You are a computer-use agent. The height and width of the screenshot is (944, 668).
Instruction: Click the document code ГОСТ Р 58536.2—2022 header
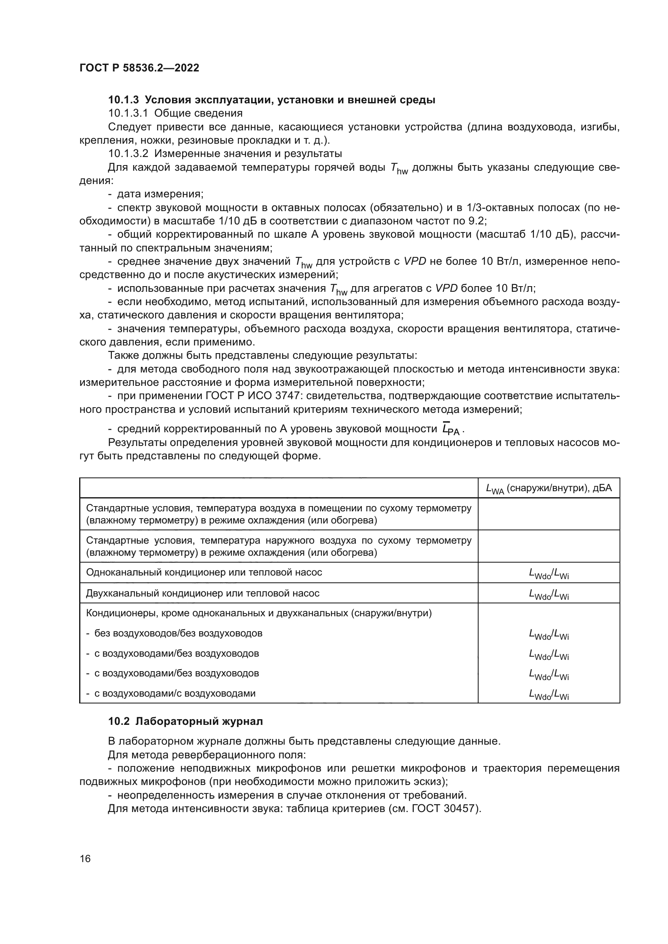pyautogui.click(x=139, y=68)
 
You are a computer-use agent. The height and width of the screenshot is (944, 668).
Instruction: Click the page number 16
pyautogui.click(x=85, y=859)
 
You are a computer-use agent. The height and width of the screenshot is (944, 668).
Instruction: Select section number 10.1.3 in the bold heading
pyautogui.click(x=124, y=100)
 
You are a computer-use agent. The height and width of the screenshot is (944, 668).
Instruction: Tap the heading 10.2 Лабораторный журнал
pyautogui.click(x=185, y=722)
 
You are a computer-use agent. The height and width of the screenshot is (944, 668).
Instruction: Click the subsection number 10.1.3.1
pyautogui.click(x=128, y=113)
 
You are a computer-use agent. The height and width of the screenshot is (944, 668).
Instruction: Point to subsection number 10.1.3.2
pyautogui.click(x=128, y=154)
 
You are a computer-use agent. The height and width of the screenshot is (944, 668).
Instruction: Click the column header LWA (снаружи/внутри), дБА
pyautogui.click(x=549, y=488)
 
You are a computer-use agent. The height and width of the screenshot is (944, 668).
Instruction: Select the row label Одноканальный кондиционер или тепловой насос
pyautogui.click(x=204, y=572)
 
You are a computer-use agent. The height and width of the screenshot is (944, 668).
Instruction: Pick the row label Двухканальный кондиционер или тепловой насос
pyautogui.click(x=203, y=593)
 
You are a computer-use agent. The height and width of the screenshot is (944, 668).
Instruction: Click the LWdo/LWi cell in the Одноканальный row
pyautogui.click(x=549, y=573)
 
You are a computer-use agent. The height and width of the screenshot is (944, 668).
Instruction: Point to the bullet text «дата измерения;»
pyautogui.click(x=160, y=194)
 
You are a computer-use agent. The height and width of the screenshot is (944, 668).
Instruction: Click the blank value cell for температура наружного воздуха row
pyautogui.click(x=549, y=546)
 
